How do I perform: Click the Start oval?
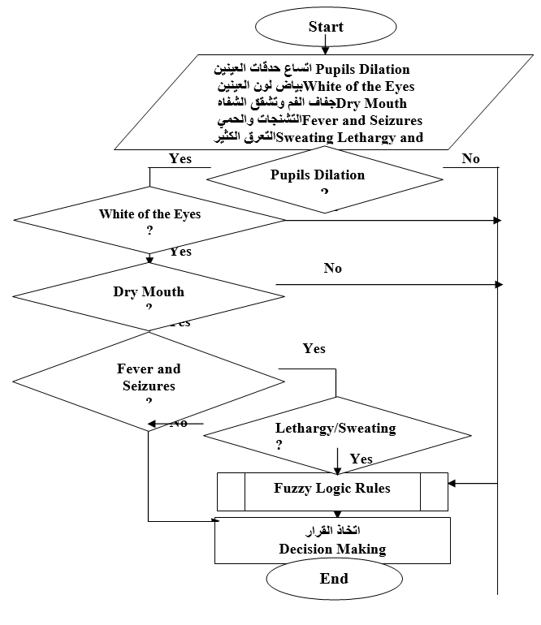(326, 27)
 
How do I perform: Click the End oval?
(334, 579)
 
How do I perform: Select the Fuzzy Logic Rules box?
(331, 489)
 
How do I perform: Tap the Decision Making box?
(332, 541)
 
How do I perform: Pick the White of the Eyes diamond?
(149, 219)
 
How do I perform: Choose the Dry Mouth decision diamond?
(149, 294)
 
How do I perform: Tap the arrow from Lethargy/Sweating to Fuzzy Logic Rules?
(337, 459)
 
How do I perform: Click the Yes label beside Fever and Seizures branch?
(314, 349)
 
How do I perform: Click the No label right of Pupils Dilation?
(471, 159)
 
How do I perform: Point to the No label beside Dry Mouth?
(333, 269)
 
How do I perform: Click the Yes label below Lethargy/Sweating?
(361, 459)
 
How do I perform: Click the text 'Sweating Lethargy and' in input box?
(350, 137)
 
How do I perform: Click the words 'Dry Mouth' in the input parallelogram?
(371, 103)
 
